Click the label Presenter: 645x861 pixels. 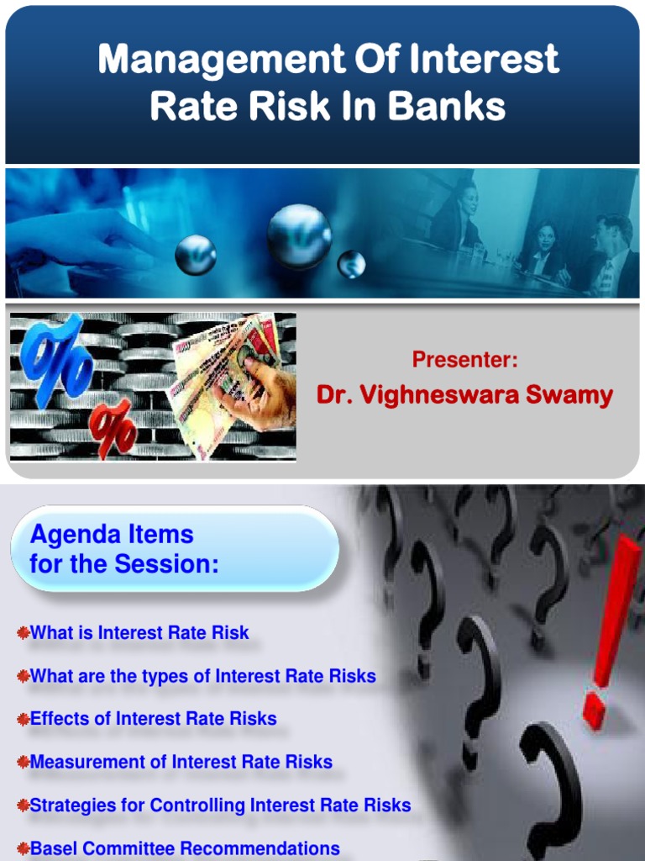464,360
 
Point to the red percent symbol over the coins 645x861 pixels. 112,428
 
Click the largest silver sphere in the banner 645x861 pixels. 299,236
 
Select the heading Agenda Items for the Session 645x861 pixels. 124,549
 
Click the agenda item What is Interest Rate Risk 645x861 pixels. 139,633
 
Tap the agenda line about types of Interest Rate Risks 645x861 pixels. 202,676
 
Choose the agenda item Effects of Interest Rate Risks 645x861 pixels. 153,719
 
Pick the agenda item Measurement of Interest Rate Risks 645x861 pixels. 181,763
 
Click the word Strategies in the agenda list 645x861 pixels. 73,806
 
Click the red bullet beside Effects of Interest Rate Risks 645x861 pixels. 23,719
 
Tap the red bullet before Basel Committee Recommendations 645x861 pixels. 23,848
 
